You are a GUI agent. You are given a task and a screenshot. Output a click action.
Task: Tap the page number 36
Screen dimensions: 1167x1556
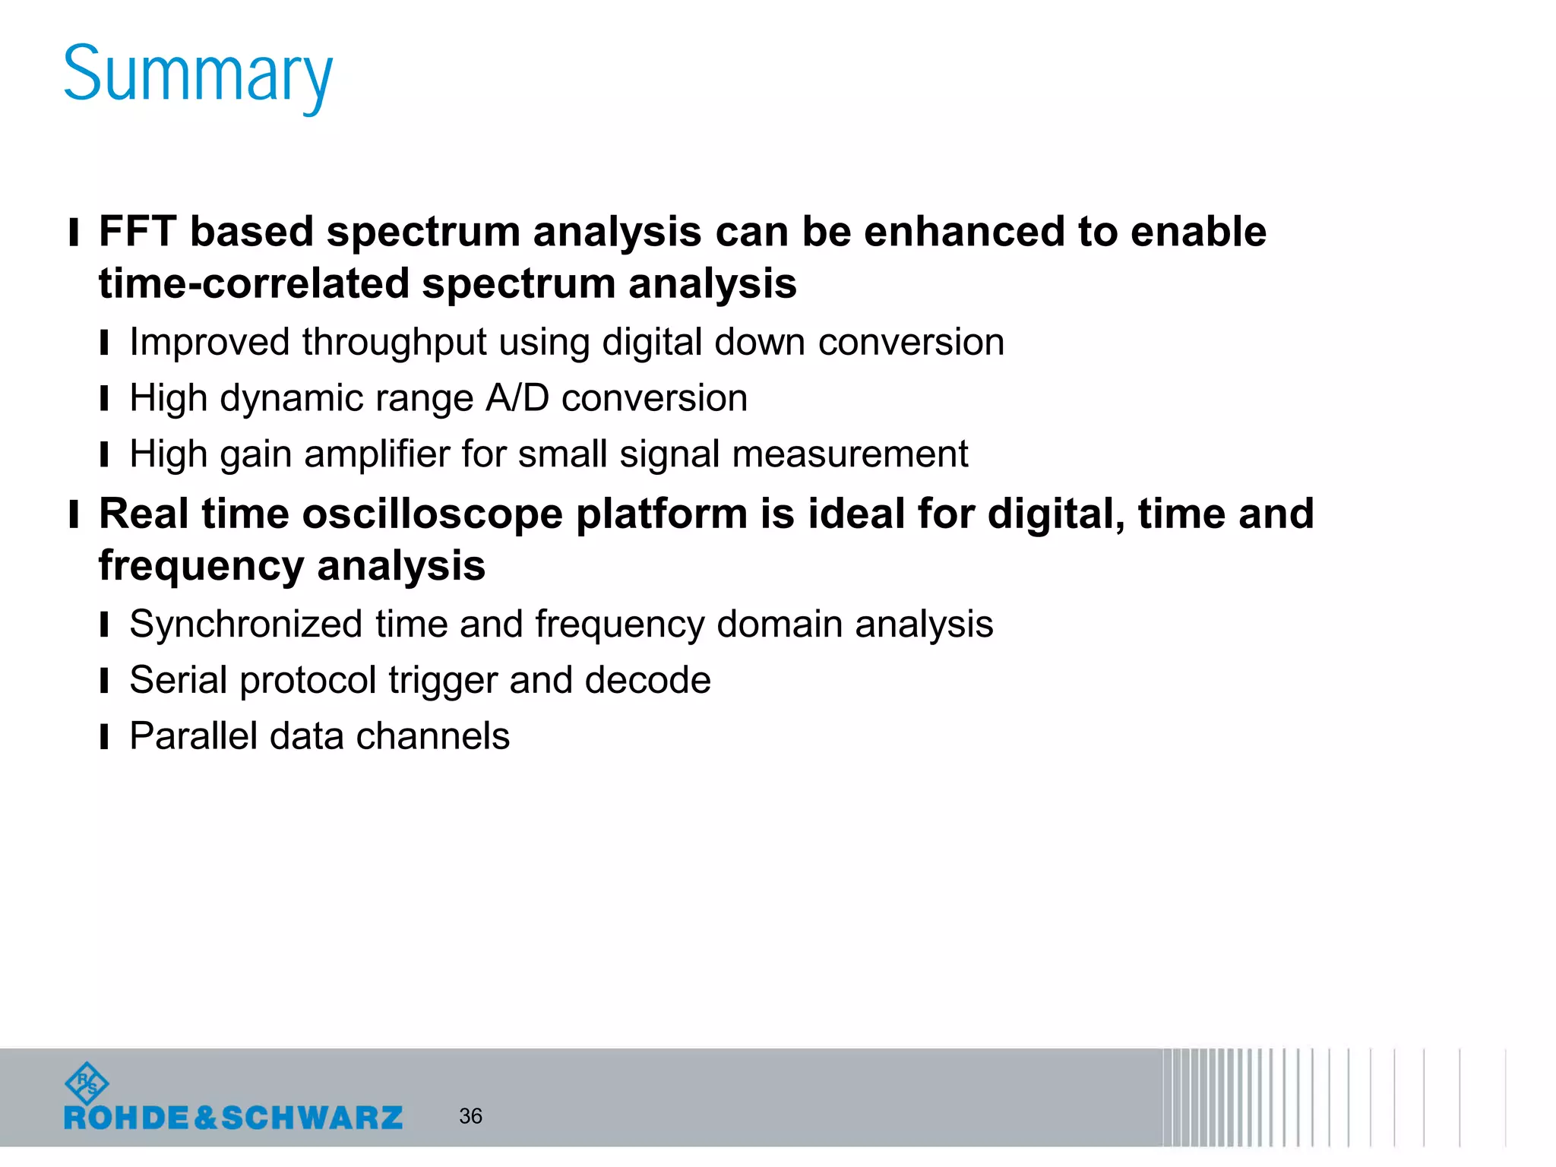470,1116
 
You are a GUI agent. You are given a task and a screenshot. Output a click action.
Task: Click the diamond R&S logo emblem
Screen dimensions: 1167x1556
87,1083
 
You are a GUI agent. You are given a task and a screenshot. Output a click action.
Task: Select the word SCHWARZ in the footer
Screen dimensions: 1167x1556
312,1118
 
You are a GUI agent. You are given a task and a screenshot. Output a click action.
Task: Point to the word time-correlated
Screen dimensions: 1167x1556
254,283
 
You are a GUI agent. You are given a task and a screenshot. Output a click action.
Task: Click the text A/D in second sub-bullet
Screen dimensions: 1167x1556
517,398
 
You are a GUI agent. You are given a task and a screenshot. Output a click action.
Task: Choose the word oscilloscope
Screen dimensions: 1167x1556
434,514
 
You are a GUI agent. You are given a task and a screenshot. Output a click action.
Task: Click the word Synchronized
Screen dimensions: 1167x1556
245,625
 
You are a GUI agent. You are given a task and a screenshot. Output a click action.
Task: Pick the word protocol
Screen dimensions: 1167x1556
308,680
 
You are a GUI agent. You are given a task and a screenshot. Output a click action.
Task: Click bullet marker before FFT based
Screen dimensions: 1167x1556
74,232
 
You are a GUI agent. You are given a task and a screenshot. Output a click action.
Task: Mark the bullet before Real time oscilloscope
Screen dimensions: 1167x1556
74,514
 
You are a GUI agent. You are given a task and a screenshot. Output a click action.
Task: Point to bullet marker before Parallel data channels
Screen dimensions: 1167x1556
104,737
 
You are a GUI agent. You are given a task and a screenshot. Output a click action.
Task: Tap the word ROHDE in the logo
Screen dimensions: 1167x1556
126,1118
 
